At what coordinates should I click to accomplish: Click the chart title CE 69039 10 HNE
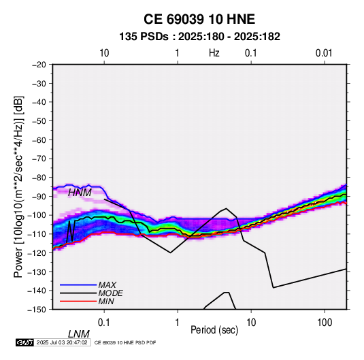(199, 19)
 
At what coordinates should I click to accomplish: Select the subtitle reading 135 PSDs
(144, 37)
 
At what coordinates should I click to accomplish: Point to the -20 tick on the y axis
(39, 65)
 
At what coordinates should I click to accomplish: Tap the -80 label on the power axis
(39, 178)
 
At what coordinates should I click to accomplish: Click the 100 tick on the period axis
(325, 323)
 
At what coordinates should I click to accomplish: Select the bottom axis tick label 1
(178, 323)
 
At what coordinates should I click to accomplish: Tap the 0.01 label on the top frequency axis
(324, 53)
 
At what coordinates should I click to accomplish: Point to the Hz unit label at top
(214, 53)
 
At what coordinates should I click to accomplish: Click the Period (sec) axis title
(214, 330)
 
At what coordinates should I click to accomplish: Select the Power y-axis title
(18, 187)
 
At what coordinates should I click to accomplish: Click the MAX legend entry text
(107, 284)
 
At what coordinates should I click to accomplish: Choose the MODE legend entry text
(110, 293)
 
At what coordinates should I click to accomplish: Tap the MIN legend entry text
(106, 301)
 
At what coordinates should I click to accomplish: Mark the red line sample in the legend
(78, 301)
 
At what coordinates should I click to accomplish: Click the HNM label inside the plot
(80, 193)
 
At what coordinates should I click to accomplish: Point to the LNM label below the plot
(79, 334)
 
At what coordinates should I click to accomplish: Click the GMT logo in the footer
(24, 342)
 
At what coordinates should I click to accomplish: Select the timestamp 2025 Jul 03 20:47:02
(62, 342)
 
